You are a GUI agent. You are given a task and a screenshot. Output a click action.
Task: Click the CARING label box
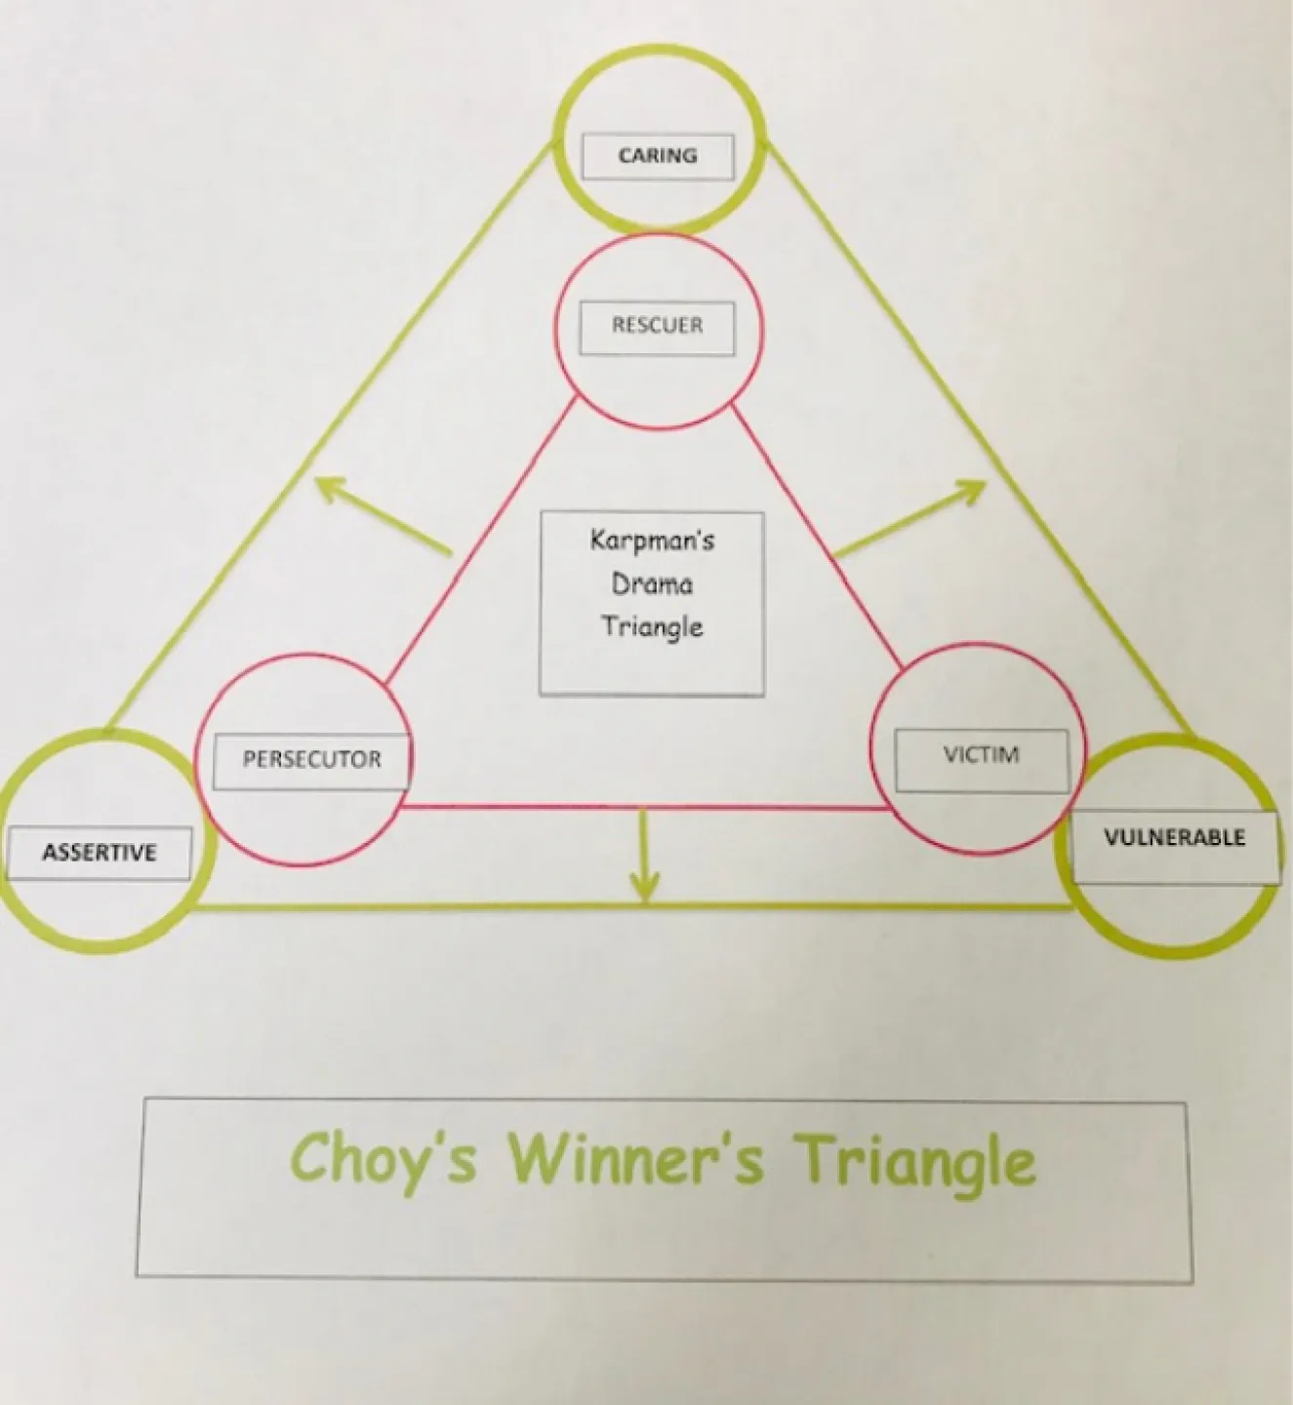tap(657, 156)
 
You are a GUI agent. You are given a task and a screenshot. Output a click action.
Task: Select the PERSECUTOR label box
tap(311, 760)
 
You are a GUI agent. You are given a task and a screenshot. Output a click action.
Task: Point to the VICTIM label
tap(981, 756)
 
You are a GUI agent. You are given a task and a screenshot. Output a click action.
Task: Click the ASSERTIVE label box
tap(99, 853)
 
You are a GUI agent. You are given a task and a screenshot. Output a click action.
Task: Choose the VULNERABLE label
tap(1174, 838)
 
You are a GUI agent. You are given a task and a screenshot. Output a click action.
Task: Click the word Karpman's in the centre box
tap(652, 540)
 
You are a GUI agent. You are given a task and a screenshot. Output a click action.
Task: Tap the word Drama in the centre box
tap(652, 583)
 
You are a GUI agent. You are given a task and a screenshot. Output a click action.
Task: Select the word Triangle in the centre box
tap(652, 626)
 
